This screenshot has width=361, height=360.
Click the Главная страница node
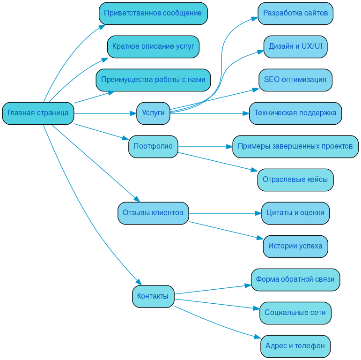point(38,113)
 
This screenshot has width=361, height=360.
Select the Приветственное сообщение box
point(153,13)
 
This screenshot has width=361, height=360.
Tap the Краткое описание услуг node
point(153,46)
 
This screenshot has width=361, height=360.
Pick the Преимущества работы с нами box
point(153,80)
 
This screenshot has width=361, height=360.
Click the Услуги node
point(153,113)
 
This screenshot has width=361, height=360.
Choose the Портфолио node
point(153,146)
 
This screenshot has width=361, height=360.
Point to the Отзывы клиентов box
point(153,213)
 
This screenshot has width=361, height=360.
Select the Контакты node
point(153,296)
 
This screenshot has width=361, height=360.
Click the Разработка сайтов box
point(295,13)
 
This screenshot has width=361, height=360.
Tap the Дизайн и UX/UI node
point(295,46)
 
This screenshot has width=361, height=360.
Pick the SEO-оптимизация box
point(295,80)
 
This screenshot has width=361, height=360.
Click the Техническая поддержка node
point(295,113)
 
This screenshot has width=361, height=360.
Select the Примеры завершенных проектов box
point(295,146)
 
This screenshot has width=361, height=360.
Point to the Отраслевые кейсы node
point(295,180)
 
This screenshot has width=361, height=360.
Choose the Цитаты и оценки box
point(295,213)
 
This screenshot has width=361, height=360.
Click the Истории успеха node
point(295,246)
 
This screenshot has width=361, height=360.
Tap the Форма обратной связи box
point(295,279)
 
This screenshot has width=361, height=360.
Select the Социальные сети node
point(295,313)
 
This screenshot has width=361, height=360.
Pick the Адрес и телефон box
point(295,346)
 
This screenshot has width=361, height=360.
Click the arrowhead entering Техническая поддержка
point(246,113)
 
